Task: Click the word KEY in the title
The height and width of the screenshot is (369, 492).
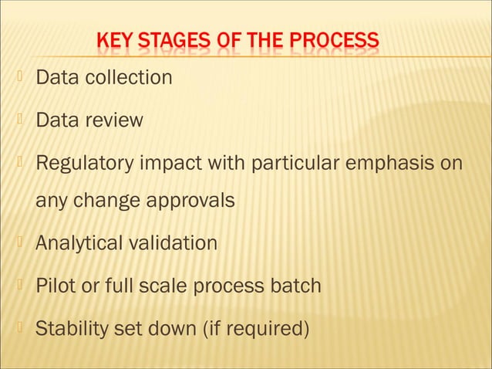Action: (x=113, y=41)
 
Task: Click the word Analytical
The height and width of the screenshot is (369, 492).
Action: (x=77, y=243)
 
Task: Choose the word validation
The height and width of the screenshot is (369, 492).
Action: (x=170, y=243)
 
